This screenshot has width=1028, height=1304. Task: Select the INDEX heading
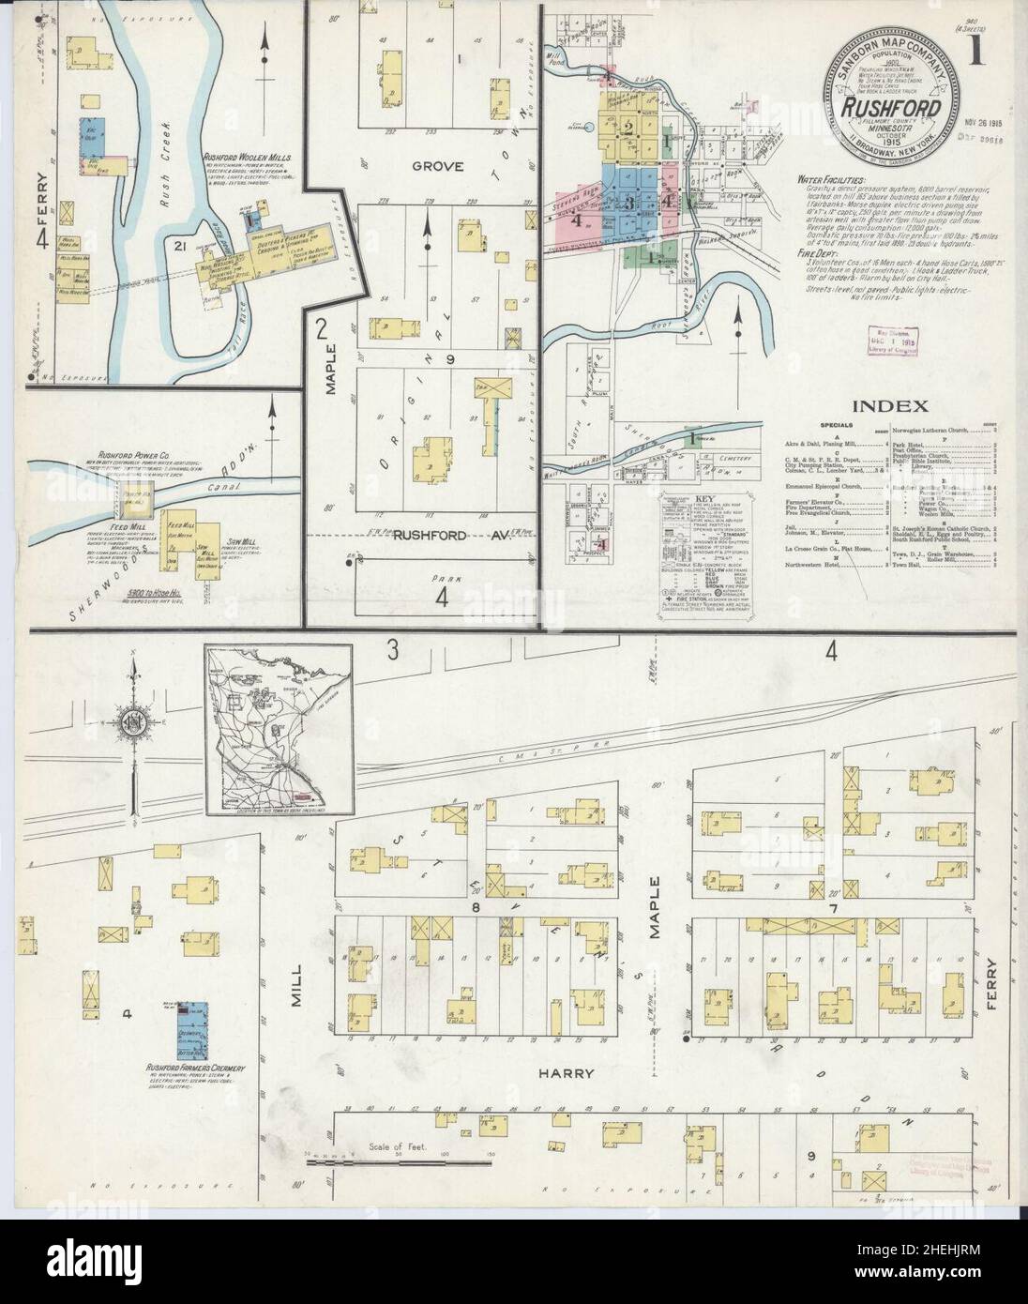click(890, 406)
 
